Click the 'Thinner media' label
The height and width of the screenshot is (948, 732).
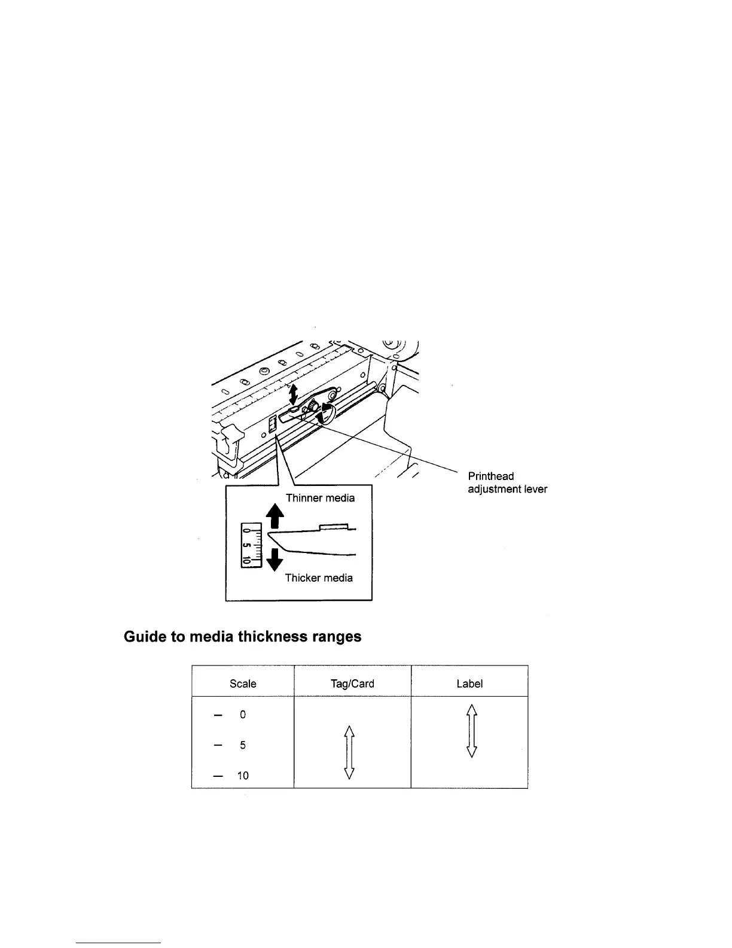320,498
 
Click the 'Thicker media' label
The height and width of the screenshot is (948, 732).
319,578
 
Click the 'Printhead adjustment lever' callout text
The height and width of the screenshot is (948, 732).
507,482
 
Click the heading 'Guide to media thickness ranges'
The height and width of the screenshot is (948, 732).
242,636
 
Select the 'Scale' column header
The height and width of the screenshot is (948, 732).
243,683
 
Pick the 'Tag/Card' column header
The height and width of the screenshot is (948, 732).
352,683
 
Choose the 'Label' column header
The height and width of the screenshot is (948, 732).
469,683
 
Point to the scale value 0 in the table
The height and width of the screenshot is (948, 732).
243,715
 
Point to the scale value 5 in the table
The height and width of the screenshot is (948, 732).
243,745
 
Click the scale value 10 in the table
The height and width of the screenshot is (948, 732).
243,776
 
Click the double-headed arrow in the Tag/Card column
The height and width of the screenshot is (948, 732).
350,752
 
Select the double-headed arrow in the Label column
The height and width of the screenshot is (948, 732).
471,731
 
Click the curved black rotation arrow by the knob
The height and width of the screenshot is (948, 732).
325,414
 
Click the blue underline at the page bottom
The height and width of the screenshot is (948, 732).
119,943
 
